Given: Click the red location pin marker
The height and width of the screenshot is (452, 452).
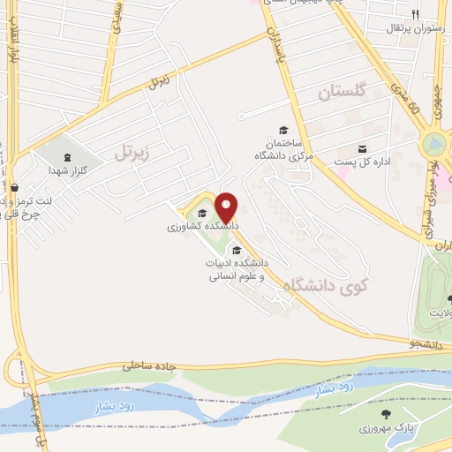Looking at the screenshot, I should click(227, 207).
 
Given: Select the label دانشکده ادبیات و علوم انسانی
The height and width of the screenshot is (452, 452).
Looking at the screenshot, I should click(237, 269).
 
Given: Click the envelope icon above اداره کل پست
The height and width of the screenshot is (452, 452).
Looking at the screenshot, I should click(363, 149).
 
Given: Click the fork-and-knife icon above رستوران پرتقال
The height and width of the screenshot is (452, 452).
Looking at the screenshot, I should click(414, 14).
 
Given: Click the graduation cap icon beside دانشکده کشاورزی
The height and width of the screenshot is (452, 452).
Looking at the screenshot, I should click(202, 213).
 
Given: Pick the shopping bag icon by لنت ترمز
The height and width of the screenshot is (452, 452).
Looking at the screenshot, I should click(15, 186).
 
